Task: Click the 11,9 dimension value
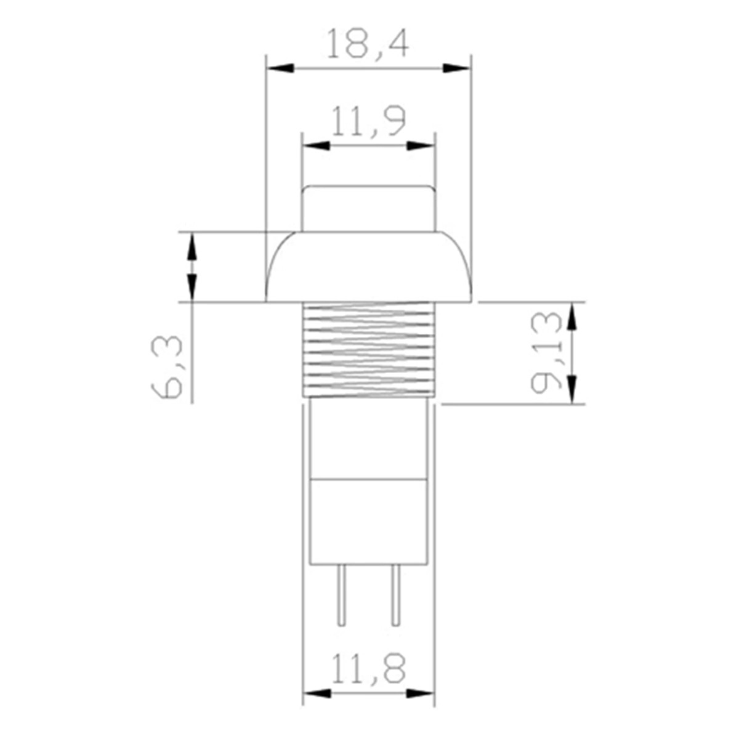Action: click(368, 121)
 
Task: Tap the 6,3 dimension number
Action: click(166, 368)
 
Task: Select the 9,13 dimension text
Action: click(546, 353)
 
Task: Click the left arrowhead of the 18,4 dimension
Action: click(280, 68)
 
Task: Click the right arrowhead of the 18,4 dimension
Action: click(456, 68)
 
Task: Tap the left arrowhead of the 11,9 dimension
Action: click(317, 146)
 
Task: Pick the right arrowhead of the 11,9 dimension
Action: click(421, 146)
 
